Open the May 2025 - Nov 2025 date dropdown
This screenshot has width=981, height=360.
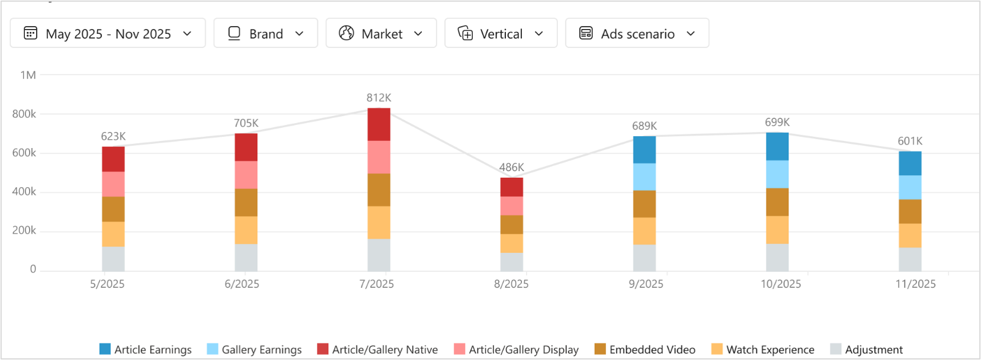(108, 33)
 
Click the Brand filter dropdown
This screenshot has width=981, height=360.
(265, 33)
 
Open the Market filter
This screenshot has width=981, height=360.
(381, 33)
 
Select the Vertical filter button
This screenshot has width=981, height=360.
(501, 33)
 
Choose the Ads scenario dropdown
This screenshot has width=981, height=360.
(637, 33)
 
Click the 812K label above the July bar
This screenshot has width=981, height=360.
(379, 98)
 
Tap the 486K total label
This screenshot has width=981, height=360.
(511, 168)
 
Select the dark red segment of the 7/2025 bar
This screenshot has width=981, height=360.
(379, 124)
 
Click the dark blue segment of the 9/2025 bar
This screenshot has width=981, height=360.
(644, 150)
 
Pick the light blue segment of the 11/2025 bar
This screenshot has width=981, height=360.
(909, 187)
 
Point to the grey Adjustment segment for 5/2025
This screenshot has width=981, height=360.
(113, 259)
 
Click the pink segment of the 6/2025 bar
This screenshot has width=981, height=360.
(246, 175)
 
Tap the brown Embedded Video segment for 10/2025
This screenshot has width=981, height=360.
(777, 202)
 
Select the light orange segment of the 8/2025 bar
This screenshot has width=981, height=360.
(511, 243)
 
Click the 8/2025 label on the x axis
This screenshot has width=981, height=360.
(511, 284)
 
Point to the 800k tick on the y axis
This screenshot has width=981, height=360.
(24, 114)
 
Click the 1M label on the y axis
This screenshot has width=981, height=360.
(28, 75)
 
